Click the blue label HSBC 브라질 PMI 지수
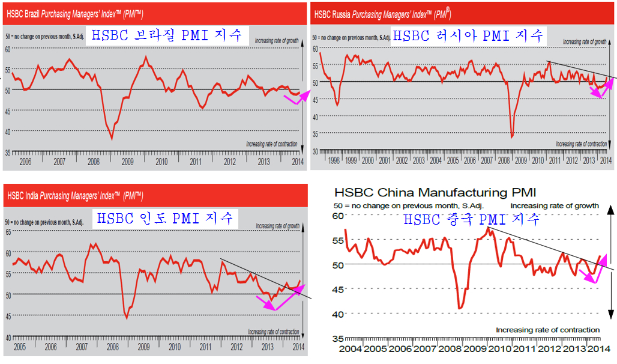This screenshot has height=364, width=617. [167, 35]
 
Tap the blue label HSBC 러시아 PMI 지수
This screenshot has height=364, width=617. [468, 35]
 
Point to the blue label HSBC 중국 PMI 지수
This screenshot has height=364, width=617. [471, 220]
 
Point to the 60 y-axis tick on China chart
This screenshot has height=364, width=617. [337, 216]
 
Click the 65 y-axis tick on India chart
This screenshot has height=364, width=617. [8, 231]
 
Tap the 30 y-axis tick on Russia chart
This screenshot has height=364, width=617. [314, 151]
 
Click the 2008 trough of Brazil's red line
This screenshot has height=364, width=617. [112, 139]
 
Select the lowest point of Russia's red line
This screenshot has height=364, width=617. [511, 137]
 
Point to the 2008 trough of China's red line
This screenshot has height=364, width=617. [460, 308]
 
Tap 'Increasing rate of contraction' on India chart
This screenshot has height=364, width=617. [273, 332]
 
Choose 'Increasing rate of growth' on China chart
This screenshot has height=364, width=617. [555, 205]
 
